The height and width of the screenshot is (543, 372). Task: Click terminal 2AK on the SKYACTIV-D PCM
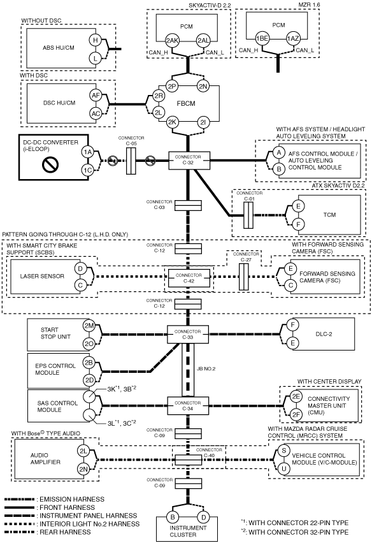coord(172,41)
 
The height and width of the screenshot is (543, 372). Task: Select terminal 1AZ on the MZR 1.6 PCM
coord(293,38)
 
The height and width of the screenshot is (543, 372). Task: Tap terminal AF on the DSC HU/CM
coord(96,95)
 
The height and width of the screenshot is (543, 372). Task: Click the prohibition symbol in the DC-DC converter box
coord(50,164)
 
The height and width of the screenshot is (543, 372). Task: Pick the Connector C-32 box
coord(189,161)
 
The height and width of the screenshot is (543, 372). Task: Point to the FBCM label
coord(186,103)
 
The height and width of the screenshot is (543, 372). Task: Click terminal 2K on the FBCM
coord(172,122)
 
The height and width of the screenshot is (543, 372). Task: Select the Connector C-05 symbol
coord(131,161)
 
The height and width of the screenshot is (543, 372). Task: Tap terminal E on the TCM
coord(298,206)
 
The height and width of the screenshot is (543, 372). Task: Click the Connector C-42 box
coord(189,278)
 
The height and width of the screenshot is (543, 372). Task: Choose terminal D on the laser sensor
coord(80,268)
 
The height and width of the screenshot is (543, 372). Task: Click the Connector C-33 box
coord(188,334)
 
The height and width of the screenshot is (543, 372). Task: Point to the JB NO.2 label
coord(206,369)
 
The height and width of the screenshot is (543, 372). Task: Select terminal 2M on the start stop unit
coord(89,326)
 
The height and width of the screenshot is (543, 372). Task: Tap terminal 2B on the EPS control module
coord(89,363)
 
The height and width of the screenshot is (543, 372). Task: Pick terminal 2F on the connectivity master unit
coord(296,414)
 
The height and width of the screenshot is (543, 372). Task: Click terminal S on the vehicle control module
coord(283,451)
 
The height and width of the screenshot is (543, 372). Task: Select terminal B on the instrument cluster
coord(173,518)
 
